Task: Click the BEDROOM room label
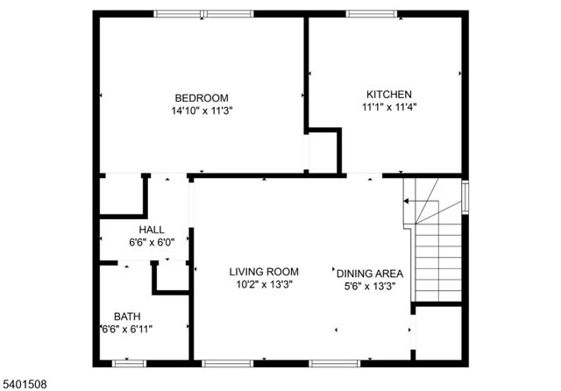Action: [202, 97]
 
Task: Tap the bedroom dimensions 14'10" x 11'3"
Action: [202, 110]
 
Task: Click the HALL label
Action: [140, 230]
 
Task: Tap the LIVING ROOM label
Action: [264, 271]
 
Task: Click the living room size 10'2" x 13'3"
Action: [264, 284]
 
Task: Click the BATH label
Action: [127, 316]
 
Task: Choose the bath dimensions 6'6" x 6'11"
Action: [127, 329]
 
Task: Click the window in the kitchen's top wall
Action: [373, 13]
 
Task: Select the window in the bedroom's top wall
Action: [203, 13]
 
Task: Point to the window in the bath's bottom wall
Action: [128, 362]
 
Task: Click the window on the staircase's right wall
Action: [465, 196]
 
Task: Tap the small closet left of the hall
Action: [120, 195]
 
